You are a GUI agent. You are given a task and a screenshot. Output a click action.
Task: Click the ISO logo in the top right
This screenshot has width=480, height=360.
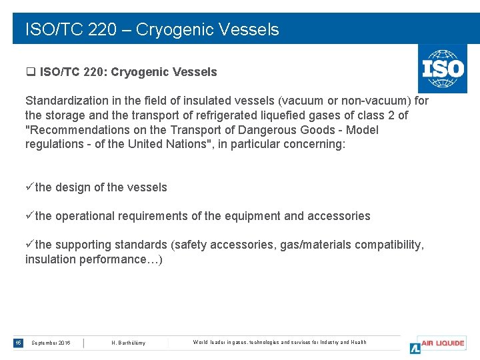[x=442, y=69]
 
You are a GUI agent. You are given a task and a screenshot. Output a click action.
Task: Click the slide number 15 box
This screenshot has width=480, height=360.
[x=18, y=343]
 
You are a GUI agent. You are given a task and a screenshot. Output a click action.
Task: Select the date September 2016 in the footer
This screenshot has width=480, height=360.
[x=51, y=343]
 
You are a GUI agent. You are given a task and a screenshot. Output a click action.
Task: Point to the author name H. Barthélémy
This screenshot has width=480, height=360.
[x=129, y=343]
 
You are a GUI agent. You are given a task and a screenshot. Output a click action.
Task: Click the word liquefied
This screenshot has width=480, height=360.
[x=283, y=115]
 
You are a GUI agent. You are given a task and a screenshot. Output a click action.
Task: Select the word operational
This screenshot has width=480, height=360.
[x=85, y=216]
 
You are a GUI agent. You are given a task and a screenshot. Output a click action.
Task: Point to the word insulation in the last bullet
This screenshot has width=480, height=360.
[x=51, y=259]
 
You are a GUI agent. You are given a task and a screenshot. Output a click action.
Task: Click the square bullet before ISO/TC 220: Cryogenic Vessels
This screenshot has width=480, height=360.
[x=30, y=72]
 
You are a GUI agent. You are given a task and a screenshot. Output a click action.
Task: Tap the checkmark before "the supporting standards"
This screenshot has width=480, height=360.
[x=29, y=245]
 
